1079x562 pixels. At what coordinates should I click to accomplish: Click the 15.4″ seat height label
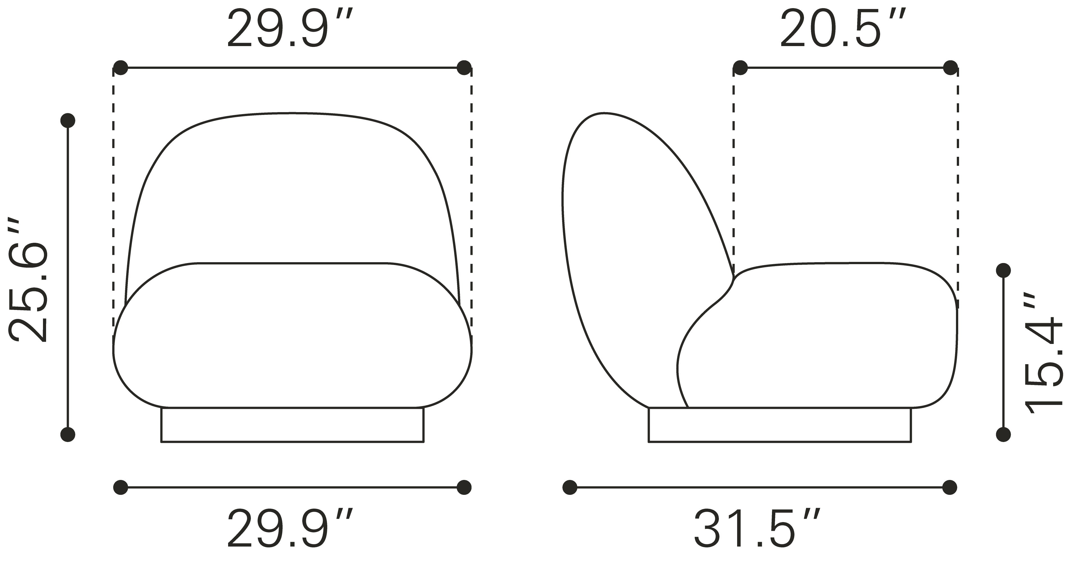[1043, 353]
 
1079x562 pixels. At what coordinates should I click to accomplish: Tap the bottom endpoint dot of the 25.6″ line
[68, 435]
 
